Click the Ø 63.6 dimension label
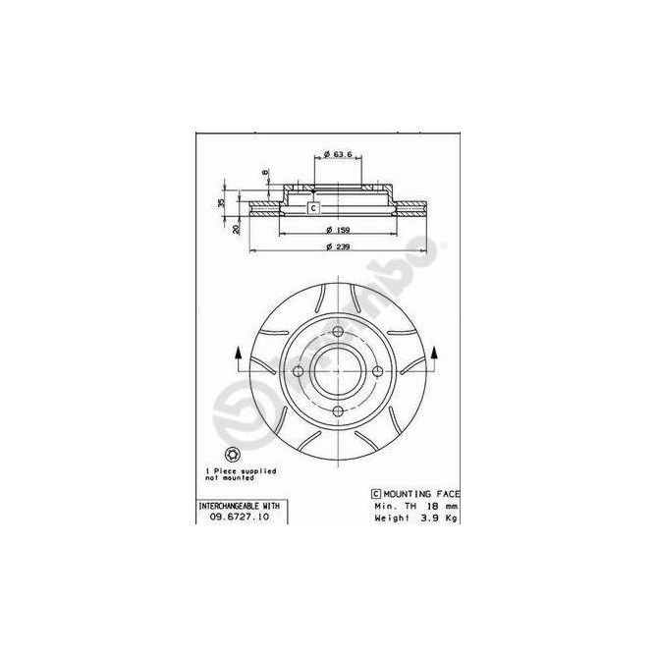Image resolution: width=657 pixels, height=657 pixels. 338,154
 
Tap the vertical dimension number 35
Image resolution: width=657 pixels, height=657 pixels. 222,201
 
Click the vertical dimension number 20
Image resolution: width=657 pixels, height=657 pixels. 237,228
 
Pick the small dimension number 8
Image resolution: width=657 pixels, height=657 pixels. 264,174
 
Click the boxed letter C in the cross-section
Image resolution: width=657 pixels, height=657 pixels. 313,207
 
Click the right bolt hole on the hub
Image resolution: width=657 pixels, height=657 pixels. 378,370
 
